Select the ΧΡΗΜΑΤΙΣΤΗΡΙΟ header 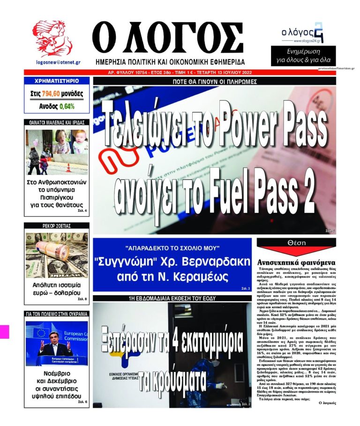click(57, 81)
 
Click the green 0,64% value click(67, 106)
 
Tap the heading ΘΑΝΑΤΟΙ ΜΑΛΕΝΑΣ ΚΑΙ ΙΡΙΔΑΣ click(57, 123)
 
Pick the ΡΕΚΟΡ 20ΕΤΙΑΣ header click(57, 226)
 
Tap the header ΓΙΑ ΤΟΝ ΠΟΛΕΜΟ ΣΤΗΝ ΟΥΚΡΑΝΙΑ click(57, 314)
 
